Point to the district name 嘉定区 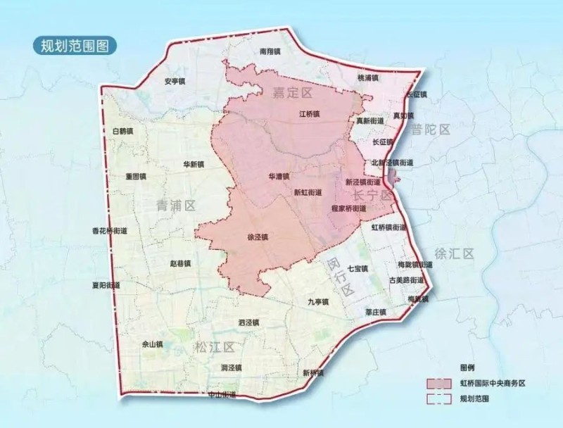tap(292, 92)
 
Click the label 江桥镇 tap(309, 113)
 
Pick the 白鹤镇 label tap(122, 131)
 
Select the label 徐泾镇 tap(258, 237)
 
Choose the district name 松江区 tap(214, 346)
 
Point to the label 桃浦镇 tap(367, 77)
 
